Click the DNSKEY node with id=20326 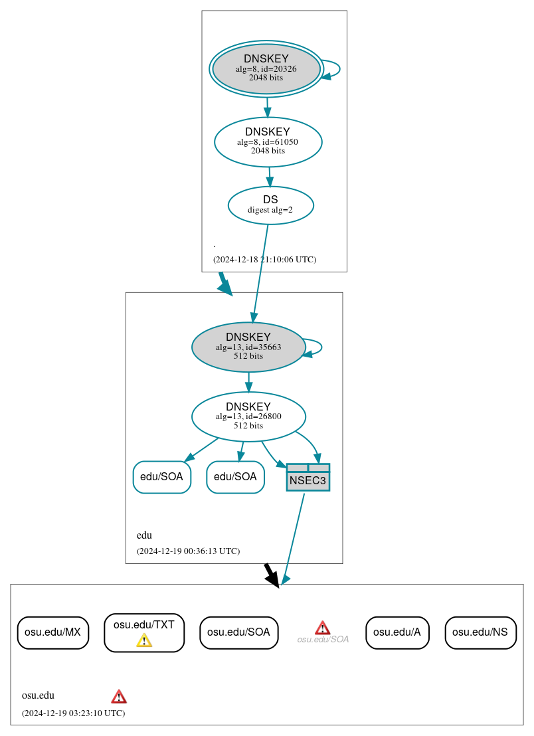[266, 68]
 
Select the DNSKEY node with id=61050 [268, 141]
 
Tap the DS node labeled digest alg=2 [270, 205]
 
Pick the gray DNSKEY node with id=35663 [248, 347]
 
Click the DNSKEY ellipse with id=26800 [248, 416]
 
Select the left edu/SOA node [162, 477]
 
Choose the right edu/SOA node [236, 477]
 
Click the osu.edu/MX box [52, 632]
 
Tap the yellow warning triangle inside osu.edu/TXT [144, 640]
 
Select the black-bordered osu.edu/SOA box [238, 632]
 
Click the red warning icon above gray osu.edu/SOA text [322, 628]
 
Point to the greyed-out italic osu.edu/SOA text [323, 640]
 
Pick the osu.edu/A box [397, 632]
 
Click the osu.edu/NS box [480, 632]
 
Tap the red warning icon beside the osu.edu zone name [119, 696]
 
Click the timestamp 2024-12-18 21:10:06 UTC [264, 259]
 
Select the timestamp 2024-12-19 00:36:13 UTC [188, 551]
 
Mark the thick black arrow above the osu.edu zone [271, 575]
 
